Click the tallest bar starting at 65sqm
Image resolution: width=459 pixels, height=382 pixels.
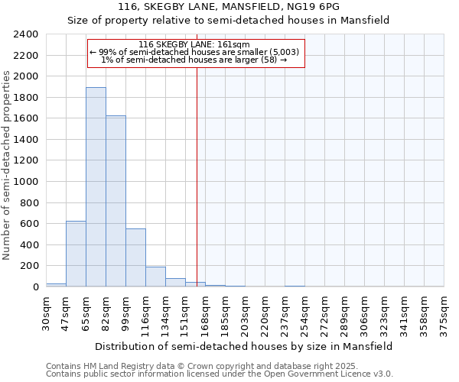96,187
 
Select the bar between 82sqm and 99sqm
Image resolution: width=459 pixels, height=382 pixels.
116,201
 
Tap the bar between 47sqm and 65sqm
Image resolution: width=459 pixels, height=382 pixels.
76,254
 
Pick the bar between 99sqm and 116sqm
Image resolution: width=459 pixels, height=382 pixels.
135,257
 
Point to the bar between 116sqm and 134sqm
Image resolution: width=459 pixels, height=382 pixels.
155,277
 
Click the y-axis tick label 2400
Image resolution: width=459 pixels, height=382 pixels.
26,34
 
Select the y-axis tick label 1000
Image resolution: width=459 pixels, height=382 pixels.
26,182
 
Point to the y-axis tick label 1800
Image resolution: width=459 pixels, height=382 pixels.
26,98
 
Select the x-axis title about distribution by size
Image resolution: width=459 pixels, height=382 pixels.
245,346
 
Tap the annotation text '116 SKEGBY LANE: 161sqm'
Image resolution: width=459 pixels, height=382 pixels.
197,45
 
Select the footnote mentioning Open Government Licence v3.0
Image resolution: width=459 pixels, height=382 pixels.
220,374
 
